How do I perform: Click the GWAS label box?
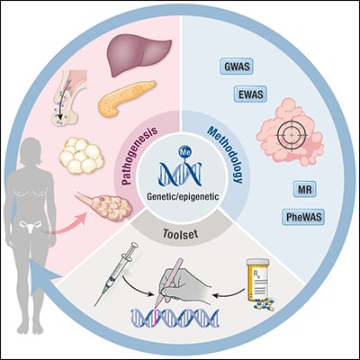click(237, 66)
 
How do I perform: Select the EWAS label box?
click(250, 94)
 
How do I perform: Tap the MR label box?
click(305, 190)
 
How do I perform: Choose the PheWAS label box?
click(303, 217)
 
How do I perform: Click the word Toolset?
click(180, 233)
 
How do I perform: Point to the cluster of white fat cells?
click(82, 156)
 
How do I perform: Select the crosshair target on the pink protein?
click(292, 136)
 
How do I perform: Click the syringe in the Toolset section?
click(116, 274)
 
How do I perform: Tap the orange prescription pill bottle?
click(258, 280)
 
